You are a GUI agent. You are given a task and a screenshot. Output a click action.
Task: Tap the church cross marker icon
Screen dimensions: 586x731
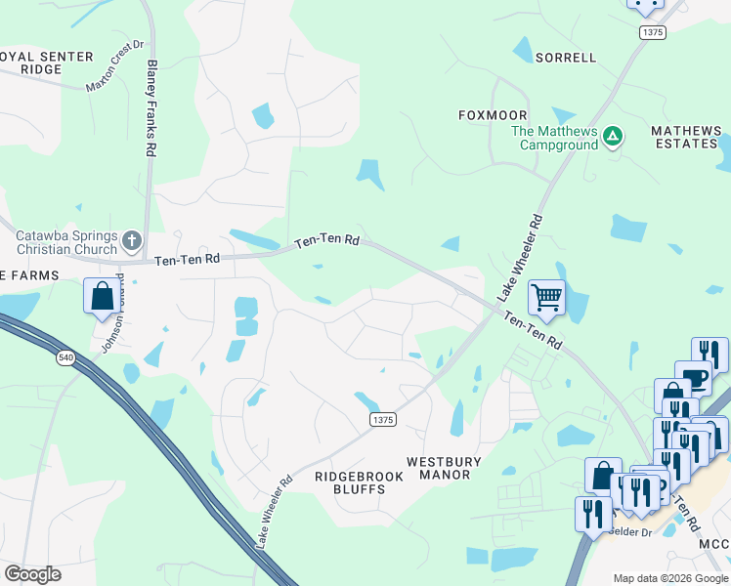[132, 239]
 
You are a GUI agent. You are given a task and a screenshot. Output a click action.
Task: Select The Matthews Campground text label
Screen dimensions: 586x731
[554, 138]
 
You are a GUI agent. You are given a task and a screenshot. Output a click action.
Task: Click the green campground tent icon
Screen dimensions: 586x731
[613, 136]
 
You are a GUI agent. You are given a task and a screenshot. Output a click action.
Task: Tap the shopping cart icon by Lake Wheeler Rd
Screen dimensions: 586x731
[546, 296]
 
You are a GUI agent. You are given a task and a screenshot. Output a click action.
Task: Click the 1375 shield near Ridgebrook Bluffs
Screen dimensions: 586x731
[383, 419]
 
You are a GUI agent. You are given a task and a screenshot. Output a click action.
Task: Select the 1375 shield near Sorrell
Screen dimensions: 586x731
[653, 32]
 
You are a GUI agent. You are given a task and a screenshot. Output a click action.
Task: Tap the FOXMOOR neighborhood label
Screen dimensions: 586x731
[486, 115]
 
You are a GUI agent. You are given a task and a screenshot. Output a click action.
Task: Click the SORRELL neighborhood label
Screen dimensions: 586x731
[566, 58]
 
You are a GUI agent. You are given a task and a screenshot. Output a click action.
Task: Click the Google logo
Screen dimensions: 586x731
[32, 574]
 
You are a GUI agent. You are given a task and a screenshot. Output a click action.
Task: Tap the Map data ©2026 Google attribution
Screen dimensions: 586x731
[669, 578]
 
